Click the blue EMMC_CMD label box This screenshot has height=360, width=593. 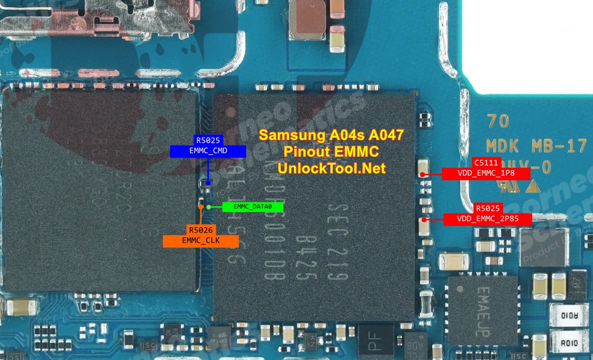click(208, 151)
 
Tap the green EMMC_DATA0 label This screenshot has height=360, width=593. click(253, 207)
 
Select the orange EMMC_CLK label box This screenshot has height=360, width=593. click(200, 241)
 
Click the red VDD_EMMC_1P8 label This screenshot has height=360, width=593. click(486, 173)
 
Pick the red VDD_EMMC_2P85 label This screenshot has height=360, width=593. click(487, 219)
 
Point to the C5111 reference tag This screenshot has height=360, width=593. click(486, 163)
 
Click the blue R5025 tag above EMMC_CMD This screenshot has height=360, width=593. click(208, 140)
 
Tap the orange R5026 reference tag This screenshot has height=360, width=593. click(200, 230)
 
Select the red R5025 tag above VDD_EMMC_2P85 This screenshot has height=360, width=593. click(487, 208)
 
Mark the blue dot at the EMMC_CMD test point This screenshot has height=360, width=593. click(208, 183)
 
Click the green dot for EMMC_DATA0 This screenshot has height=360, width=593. click(209, 207)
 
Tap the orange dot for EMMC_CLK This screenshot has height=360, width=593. click(201, 207)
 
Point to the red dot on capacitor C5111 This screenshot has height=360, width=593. click(423, 174)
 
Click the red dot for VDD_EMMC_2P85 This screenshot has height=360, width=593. click(424, 220)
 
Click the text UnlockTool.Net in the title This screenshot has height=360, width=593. click(331, 168)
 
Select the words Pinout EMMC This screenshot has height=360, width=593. click(331, 152)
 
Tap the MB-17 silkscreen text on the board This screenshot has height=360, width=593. click(559, 146)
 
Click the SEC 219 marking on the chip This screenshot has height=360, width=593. click(338, 241)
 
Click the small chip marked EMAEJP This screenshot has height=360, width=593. click(483, 310)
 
